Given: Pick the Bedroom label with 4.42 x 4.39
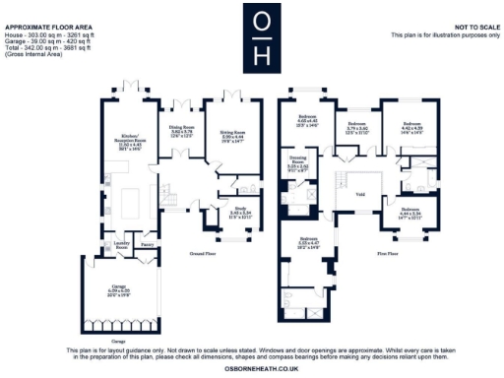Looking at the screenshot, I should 411,128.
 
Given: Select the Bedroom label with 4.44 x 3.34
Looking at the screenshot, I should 411,212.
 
